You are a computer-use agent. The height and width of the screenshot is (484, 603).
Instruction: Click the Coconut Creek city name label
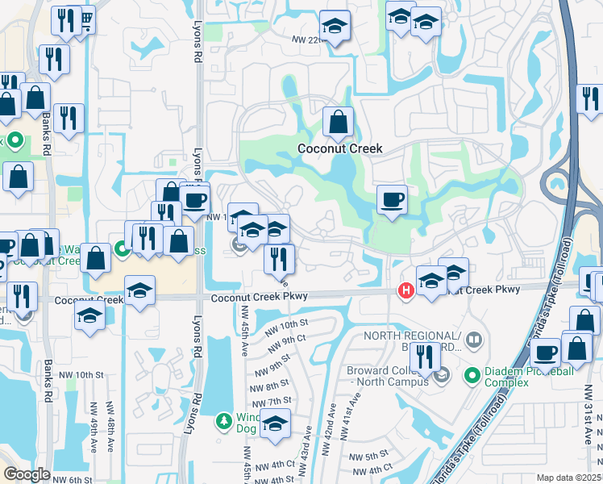[x=339, y=148]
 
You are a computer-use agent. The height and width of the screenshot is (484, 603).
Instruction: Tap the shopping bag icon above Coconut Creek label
[x=339, y=122]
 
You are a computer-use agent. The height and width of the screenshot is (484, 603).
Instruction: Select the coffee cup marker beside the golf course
[x=393, y=199]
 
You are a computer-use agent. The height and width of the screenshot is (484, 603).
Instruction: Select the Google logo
[x=27, y=474]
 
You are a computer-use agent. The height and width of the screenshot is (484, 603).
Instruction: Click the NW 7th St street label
[x=270, y=402]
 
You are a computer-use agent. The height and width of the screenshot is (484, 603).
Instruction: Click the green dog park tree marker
[x=224, y=421]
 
